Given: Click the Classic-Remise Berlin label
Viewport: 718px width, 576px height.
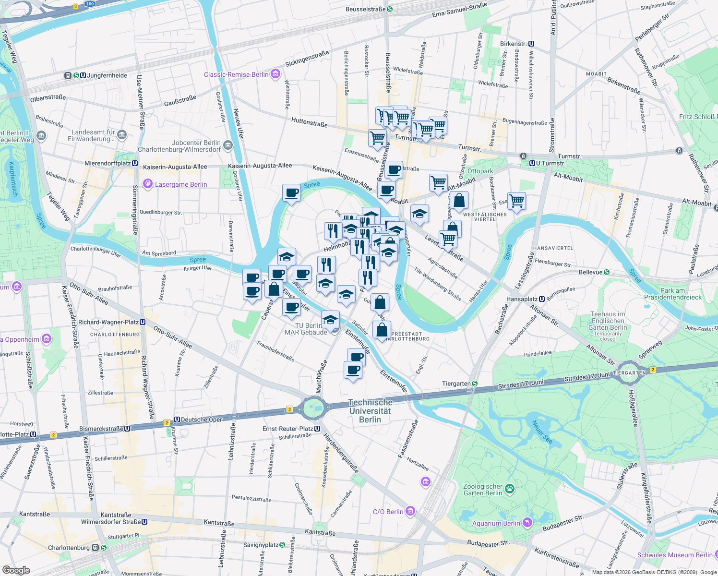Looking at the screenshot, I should (236, 74).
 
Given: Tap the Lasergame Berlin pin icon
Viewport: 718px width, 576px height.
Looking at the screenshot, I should (147, 184).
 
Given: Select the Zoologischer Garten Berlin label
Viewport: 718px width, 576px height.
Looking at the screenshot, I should (483, 490).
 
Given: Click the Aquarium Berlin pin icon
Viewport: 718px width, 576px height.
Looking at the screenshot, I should (527, 523).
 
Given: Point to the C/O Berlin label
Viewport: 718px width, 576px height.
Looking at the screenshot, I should (388, 512).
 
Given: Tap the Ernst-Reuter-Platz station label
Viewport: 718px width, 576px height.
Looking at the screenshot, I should (288, 429).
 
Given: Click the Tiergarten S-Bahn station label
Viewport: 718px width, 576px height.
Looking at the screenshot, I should (456, 384).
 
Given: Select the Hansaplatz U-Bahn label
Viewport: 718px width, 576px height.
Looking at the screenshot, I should (522, 299).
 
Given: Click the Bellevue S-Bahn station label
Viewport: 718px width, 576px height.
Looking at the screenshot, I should (591, 272).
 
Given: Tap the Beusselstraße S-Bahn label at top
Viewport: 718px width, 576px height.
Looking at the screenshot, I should (366, 9).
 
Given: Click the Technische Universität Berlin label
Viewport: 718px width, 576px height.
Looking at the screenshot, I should (370, 411).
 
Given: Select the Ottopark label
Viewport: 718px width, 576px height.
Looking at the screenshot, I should (480, 171).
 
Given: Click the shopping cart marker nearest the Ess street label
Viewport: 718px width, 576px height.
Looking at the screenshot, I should (516, 201).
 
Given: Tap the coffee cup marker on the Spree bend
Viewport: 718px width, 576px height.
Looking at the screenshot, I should (291, 193).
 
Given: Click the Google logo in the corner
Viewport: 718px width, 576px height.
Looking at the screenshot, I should (16, 570).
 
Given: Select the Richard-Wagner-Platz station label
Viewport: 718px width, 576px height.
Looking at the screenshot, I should (108, 322).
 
